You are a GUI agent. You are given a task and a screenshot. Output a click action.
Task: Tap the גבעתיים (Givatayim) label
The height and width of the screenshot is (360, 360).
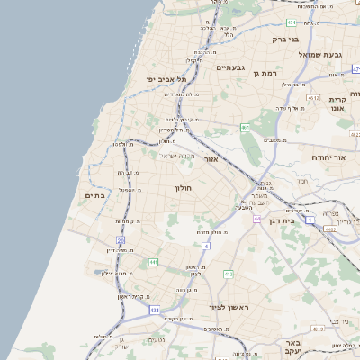point(231,67)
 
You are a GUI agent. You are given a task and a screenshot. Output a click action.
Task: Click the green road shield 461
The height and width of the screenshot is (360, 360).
point(245,128)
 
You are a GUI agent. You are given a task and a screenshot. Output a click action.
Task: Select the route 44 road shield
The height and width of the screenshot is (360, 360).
point(257,218)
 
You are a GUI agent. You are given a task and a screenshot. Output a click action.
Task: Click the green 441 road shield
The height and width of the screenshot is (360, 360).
point(154,262)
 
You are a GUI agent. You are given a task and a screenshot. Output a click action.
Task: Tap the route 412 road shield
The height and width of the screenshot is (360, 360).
point(228,274)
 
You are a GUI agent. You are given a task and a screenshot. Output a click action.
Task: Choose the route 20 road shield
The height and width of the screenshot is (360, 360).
point(120,239)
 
